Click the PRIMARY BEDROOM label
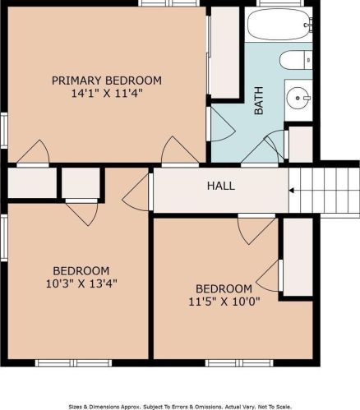(x=107, y=81)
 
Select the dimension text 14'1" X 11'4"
(x=107, y=94)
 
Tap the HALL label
(x=221, y=186)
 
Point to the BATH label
(x=259, y=100)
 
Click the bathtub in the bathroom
(x=279, y=25)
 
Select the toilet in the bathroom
(x=296, y=60)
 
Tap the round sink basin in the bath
(x=298, y=98)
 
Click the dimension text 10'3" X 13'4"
(x=81, y=283)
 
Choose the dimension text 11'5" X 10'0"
(x=224, y=302)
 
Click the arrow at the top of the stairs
(x=292, y=191)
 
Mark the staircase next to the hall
(x=324, y=190)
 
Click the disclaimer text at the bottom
(x=180, y=407)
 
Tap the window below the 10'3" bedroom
(x=74, y=363)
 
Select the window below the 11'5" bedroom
(x=239, y=363)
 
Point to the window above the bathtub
(x=280, y=3)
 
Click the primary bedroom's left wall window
(x=4, y=131)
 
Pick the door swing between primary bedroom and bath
(x=220, y=124)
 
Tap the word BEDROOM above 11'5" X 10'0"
(x=224, y=288)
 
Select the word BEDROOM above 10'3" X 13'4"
(x=81, y=271)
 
